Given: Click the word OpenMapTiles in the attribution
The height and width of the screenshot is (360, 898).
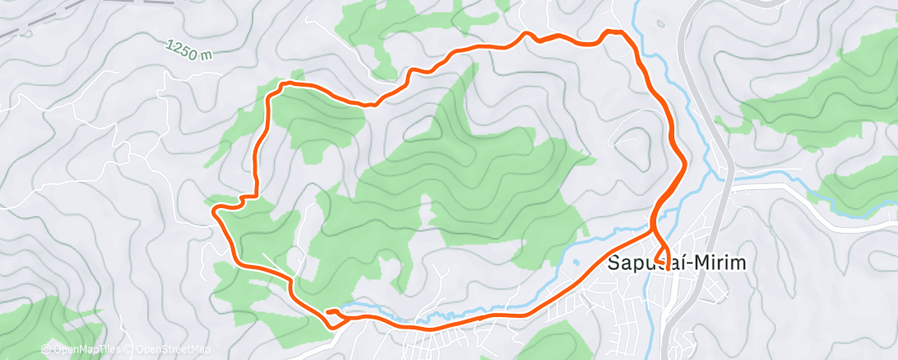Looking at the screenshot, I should (85, 349).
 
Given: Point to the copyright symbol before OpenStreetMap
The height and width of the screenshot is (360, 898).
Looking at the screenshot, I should (130, 349).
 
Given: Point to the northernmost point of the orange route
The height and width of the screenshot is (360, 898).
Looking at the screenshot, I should (613, 31).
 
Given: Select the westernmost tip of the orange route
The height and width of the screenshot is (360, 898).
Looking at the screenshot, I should (215, 211).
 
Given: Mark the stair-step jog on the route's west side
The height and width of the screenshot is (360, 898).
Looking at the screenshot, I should (247, 198).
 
